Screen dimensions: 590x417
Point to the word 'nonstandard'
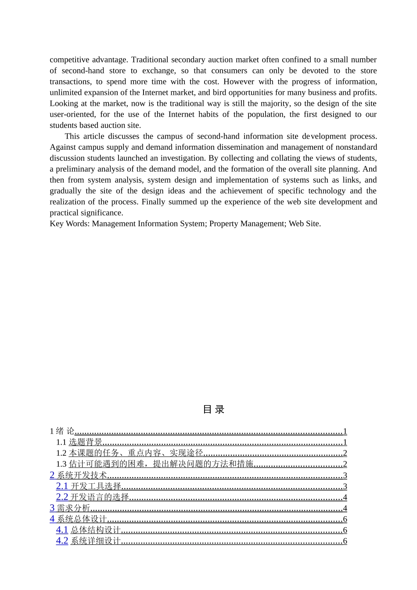pyautogui.click(x=356, y=147)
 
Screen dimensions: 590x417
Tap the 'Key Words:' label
pyautogui.click(x=69, y=224)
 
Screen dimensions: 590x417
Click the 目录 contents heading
pyautogui.click(x=214, y=410)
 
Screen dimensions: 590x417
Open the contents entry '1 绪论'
pyautogui.click(x=62, y=432)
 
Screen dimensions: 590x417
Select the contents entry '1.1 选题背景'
pyautogui.click(x=79, y=442)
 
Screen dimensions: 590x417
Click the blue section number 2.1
pyautogui.click(x=62, y=486)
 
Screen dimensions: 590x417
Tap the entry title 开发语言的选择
pyautogui.click(x=100, y=497)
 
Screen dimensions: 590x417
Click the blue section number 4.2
pyautogui.click(x=62, y=541)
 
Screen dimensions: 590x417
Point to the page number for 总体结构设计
pyautogui.click(x=345, y=530)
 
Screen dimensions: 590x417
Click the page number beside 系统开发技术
pyautogui.click(x=345, y=475)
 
